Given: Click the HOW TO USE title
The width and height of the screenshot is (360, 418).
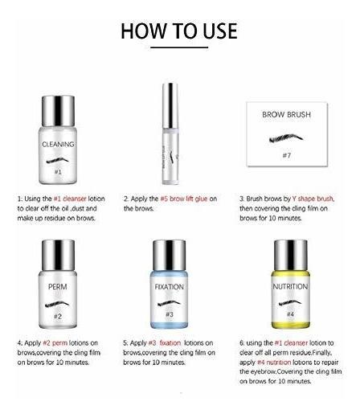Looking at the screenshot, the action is (x=179, y=31).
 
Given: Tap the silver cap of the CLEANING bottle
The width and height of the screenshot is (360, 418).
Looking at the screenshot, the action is (x=58, y=111).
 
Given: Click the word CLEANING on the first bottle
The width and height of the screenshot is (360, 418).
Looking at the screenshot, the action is (x=58, y=145).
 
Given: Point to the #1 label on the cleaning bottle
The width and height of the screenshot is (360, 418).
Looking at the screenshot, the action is (x=58, y=172).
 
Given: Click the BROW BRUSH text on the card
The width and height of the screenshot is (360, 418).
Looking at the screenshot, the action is (x=287, y=115).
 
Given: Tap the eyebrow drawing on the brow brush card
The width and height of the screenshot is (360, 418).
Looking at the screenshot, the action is (x=286, y=138).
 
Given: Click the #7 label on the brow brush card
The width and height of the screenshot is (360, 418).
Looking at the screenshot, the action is (x=287, y=155).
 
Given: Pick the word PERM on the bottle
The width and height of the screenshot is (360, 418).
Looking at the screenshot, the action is (x=58, y=287).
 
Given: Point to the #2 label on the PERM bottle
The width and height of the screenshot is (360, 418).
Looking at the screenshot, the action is (x=58, y=317).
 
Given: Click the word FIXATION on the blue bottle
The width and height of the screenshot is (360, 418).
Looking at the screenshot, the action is (x=169, y=287).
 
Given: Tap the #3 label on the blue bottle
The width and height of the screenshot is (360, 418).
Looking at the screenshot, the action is (x=170, y=314).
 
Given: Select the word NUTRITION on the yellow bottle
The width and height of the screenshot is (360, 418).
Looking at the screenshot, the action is (x=290, y=287).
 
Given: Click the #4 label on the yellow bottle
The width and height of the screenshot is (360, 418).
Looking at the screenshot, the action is (x=290, y=314).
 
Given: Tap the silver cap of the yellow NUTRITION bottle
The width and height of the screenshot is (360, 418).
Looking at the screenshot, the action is (x=291, y=256).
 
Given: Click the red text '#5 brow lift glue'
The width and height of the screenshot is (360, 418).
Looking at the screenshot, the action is (x=184, y=199).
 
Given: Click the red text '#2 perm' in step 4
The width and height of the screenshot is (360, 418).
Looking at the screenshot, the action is (x=55, y=343).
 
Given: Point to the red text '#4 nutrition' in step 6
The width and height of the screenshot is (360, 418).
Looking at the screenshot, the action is (x=274, y=363).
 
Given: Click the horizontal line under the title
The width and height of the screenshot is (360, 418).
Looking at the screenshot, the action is (x=179, y=47).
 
